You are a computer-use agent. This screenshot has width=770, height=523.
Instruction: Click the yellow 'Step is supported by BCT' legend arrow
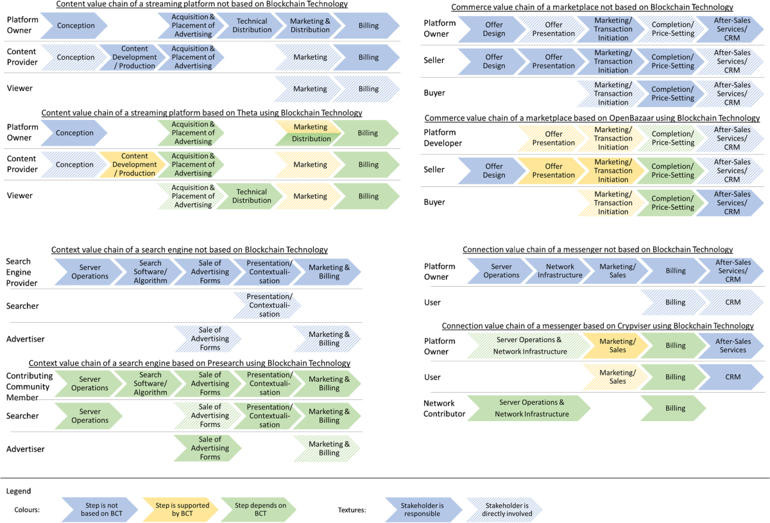tap(182, 510)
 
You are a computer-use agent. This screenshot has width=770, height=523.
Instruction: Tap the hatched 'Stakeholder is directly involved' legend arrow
tap(504, 510)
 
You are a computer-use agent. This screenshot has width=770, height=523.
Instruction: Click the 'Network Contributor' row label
tap(444, 408)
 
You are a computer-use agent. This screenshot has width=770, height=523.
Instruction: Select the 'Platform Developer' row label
tap(442, 138)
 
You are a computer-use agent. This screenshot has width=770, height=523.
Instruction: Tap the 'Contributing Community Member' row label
tap(28, 386)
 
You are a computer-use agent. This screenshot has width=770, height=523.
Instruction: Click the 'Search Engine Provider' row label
tap(22, 272)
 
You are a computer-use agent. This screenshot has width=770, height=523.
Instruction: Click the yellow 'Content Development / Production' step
tap(134, 164)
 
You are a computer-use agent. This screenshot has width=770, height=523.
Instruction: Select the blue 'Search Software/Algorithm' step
tap(150, 271)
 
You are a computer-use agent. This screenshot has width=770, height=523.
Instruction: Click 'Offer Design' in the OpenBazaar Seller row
tap(493, 170)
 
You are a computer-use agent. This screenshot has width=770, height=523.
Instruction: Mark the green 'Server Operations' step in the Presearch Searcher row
tap(89, 416)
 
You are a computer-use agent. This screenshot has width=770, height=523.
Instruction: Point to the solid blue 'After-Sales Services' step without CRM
tap(732, 346)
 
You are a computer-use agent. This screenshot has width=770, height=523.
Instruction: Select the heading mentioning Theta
tap(201, 113)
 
